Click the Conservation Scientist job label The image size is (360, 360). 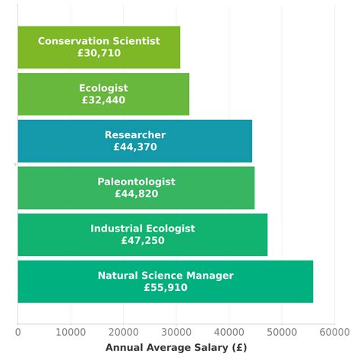pyautogui.click(x=99, y=41)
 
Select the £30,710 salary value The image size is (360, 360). pyautogui.click(x=99, y=54)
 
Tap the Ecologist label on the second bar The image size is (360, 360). pyautogui.click(x=103, y=88)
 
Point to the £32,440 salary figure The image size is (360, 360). pyautogui.click(x=103, y=100)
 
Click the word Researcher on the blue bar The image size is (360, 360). pyautogui.click(x=135, y=135)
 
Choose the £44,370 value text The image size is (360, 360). pyautogui.click(x=135, y=147)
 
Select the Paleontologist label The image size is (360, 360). pyautogui.click(x=136, y=182)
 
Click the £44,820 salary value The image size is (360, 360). pyautogui.click(x=136, y=194)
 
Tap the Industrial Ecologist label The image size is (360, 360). pyautogui.click(x=143, y=229)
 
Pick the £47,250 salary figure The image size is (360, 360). pyautogui.click(x=143, y=241)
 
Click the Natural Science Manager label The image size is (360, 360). pyautogui.click(x=166, y=276)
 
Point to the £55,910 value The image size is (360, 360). pyautogui.click(x=166, y=288)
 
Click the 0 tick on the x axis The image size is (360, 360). pyautogui.click(x=17, y=331)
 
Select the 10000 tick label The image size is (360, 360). pyautogui.click(x=70, y=331)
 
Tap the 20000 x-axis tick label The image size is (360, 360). pyautogui.click(x=123, y=331)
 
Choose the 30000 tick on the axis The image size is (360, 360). pyautogui.click(x=175, y=331)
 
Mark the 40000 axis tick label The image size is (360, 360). pyautogui.click(x=229, y=331)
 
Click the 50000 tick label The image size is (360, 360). pyautogui.click(x=281, y=331)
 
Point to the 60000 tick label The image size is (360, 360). pyautogui.click(x=333, y=331)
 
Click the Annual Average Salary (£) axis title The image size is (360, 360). pyautogui.click(x=175, y=347)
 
